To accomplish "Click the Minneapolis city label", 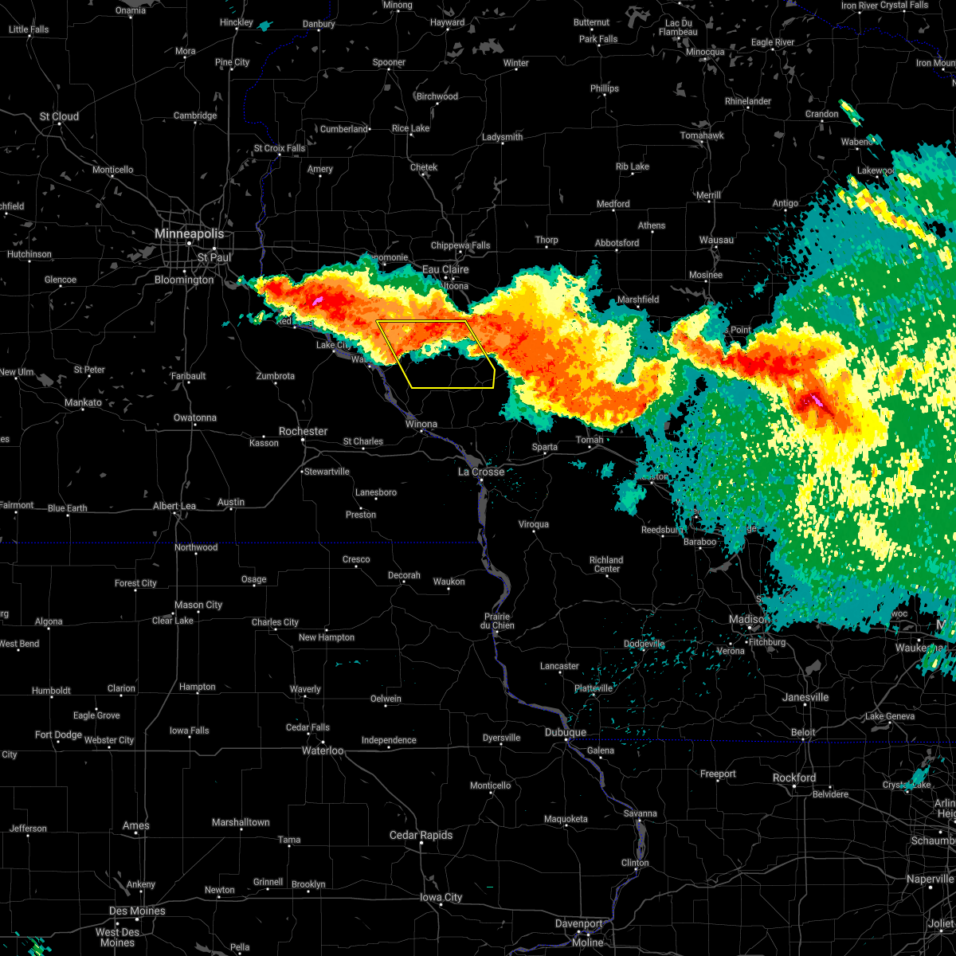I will (x=190, y=234).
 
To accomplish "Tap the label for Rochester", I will (x=303, y=431).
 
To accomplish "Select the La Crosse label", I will (x=481, y=472).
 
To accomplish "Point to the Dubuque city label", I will (x=566, y=732).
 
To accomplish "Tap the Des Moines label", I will (x=137, y=911).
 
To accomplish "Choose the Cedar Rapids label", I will (x=421, y=835).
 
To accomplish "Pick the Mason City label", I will (x=199, y=605).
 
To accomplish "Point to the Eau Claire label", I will (x=445, y=269).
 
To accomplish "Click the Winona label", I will (x=421, y=424).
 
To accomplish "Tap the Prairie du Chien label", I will (x=497, y=621).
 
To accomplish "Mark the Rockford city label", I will (x=794, y=778).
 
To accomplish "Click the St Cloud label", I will (x=60, y=116).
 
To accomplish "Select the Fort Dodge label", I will (x=59, y=735).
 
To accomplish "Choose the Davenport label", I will (x=578, y=923).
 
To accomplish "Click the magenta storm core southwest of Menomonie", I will (x=317, y=300).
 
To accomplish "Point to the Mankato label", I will (x=83, y=402).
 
